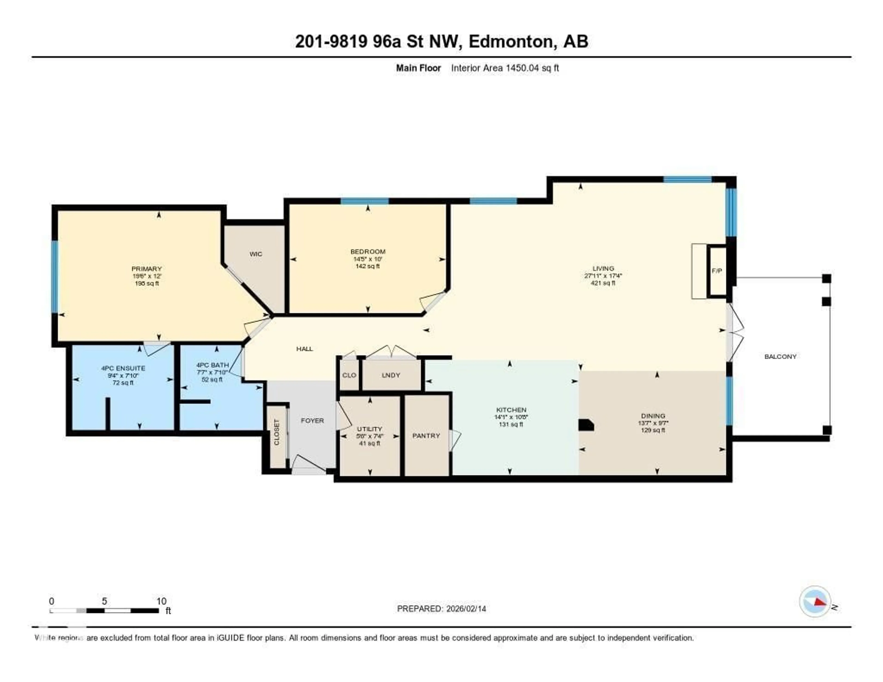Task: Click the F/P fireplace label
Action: [x=717, y=270]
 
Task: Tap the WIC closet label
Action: [x=255, y=254]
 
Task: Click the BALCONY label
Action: [x=780, y=357]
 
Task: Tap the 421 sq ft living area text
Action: [x=603, y=283]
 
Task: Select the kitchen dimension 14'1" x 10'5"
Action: [x=511, y=417]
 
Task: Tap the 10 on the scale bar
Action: [x=161, y=601]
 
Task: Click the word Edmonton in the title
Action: [x=510, y=42]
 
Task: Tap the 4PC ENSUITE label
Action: [x=123, y=368]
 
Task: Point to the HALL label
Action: [x=304, y=349]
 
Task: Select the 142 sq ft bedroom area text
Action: [x=367, y=266]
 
